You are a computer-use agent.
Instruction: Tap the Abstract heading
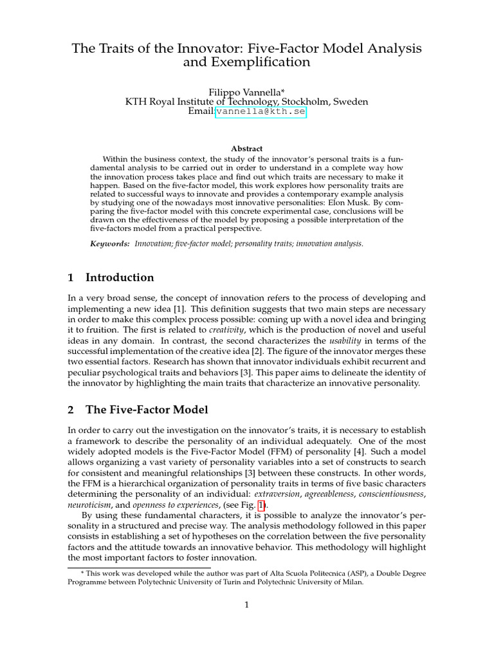(x=246, y=149)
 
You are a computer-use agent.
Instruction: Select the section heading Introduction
(x=120, y=277)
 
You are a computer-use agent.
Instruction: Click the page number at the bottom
(x=246, y=605)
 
